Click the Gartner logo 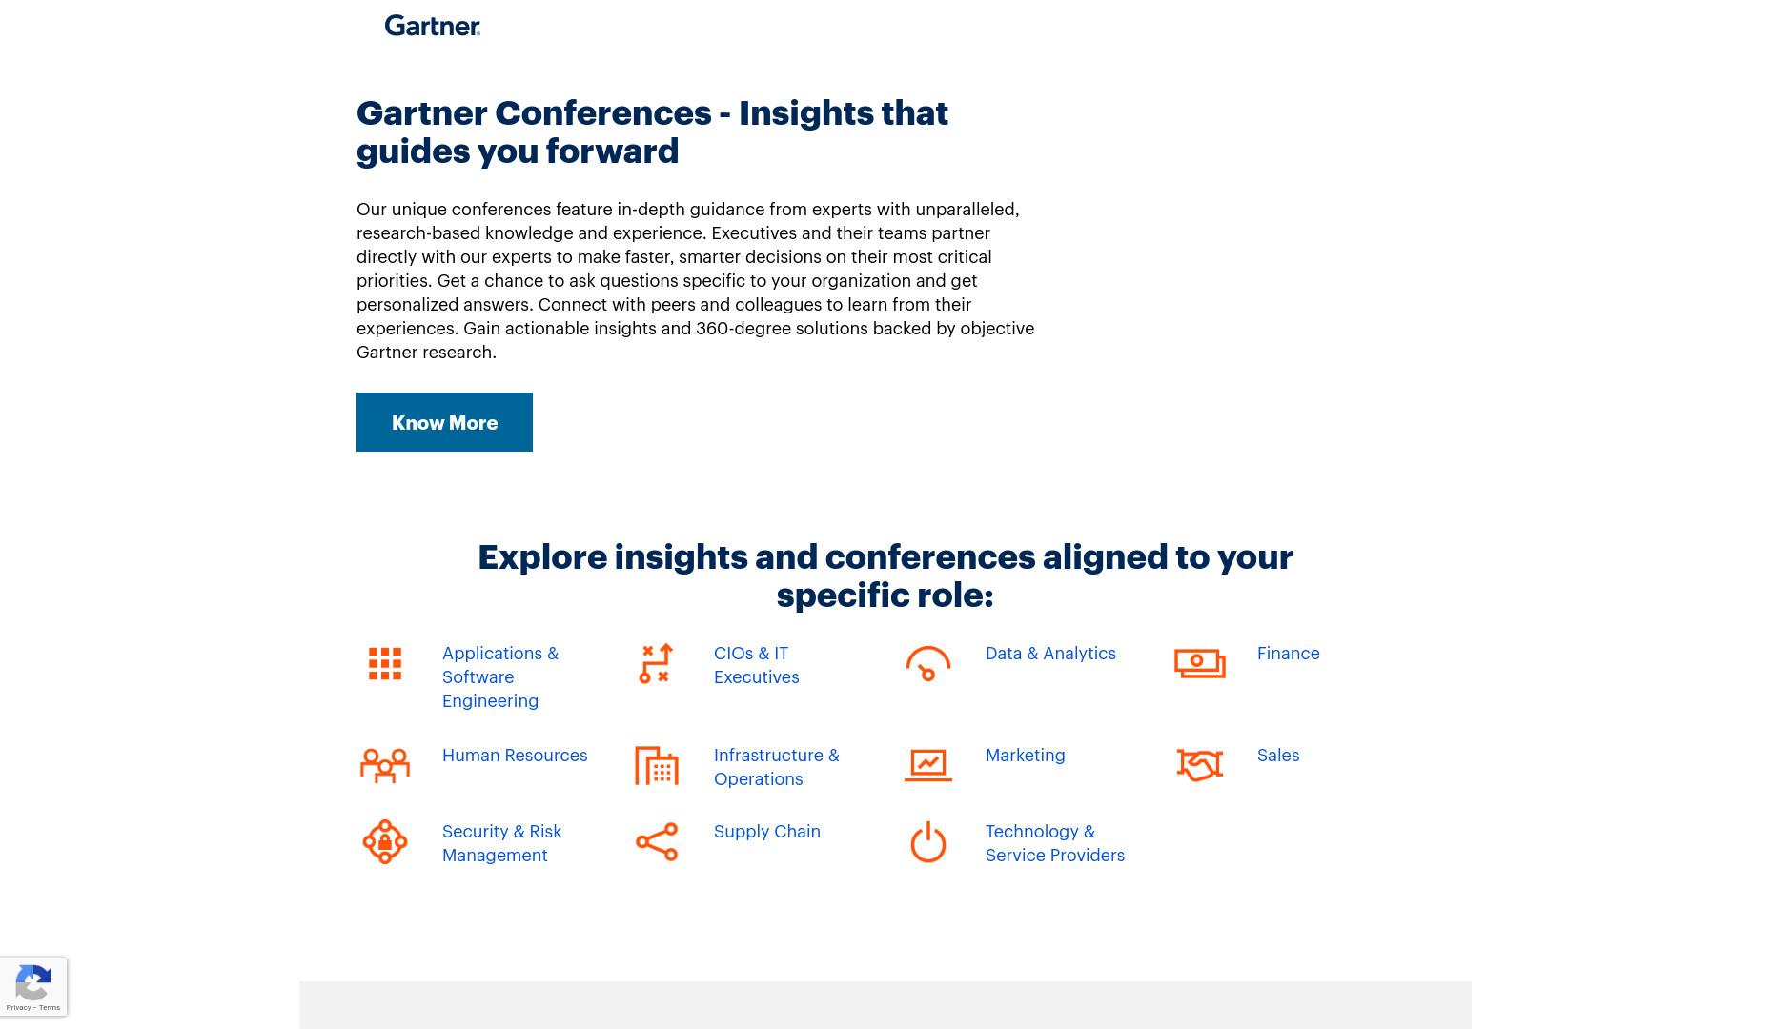point(433,26)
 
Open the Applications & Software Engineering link point(500,676)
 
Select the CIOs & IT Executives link point(757,665)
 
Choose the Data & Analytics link point(1050,653)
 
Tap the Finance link point(1288,653)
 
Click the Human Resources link point(515,755)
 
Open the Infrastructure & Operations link point(777,767)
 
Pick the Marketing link point(1025,755)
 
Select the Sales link point(1278,755)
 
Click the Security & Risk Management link point(501,843)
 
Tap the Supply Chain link point(766,831)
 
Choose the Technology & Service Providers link point(1055,843)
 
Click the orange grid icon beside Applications point(385,664)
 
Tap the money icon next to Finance point(1200,664)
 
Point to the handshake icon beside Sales point(1200,765)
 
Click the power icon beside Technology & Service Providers point(928,842)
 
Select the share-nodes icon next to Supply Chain point(657,842)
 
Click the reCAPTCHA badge point(33,987)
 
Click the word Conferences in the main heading point(603,112)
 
